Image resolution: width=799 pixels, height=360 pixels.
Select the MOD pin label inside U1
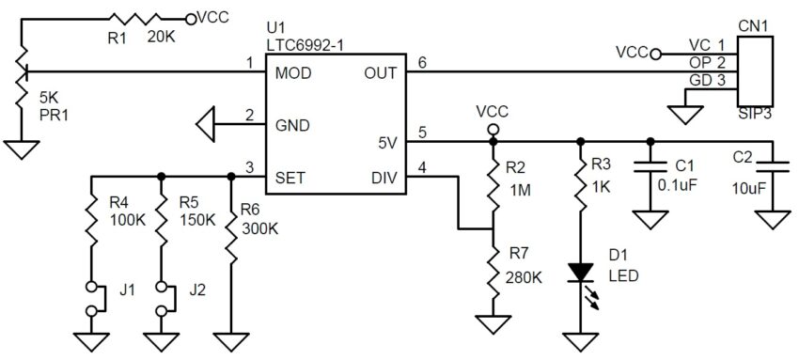click(x=293, y=72)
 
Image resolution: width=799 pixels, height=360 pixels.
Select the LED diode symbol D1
click(x=581, y=274)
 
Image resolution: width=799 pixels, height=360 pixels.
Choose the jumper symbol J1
click(x=92, y=299)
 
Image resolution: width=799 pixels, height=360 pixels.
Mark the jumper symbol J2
click(x=163, y=299)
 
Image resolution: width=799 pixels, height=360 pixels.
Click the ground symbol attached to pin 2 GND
click(x=205, y=124)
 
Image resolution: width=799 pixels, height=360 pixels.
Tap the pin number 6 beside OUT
click(x=421, y=62)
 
